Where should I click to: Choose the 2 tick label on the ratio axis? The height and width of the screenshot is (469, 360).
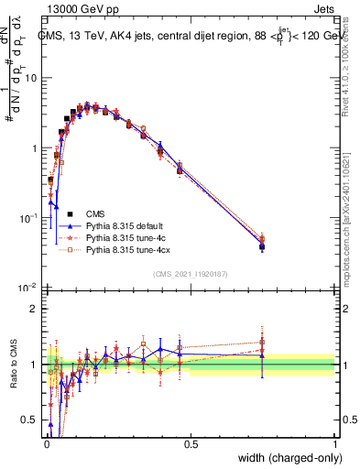(37, 309)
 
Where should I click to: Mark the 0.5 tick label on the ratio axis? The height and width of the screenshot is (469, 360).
(33, 420)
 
